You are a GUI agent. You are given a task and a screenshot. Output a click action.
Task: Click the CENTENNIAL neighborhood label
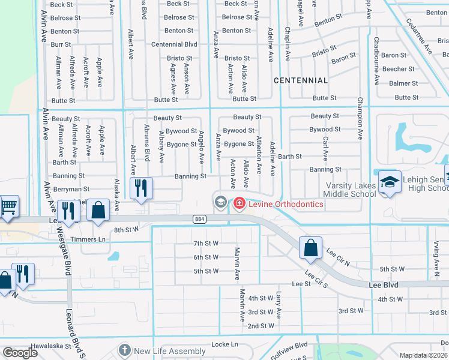pos(301,80)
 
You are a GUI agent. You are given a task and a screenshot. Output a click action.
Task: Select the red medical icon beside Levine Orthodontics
pos(240,204)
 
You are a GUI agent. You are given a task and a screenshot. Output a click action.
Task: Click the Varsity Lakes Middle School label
pos(350,190)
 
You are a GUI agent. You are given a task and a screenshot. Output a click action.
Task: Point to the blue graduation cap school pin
pos(390,182)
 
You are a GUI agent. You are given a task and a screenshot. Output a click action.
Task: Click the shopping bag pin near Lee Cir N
pos(310,248)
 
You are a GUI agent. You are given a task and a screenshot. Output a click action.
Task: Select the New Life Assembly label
pos(170,351)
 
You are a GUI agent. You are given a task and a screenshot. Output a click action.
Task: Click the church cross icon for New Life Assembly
pos(125,350)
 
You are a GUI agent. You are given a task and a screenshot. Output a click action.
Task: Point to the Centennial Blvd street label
pos(174,44)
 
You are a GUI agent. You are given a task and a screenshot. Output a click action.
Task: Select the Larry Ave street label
pos(279,305)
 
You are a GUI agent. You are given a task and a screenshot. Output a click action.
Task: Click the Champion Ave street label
pos(360,118)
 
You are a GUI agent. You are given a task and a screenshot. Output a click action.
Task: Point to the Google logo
pos(20,352)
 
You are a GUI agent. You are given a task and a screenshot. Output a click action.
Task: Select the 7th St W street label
pos(206,243)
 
